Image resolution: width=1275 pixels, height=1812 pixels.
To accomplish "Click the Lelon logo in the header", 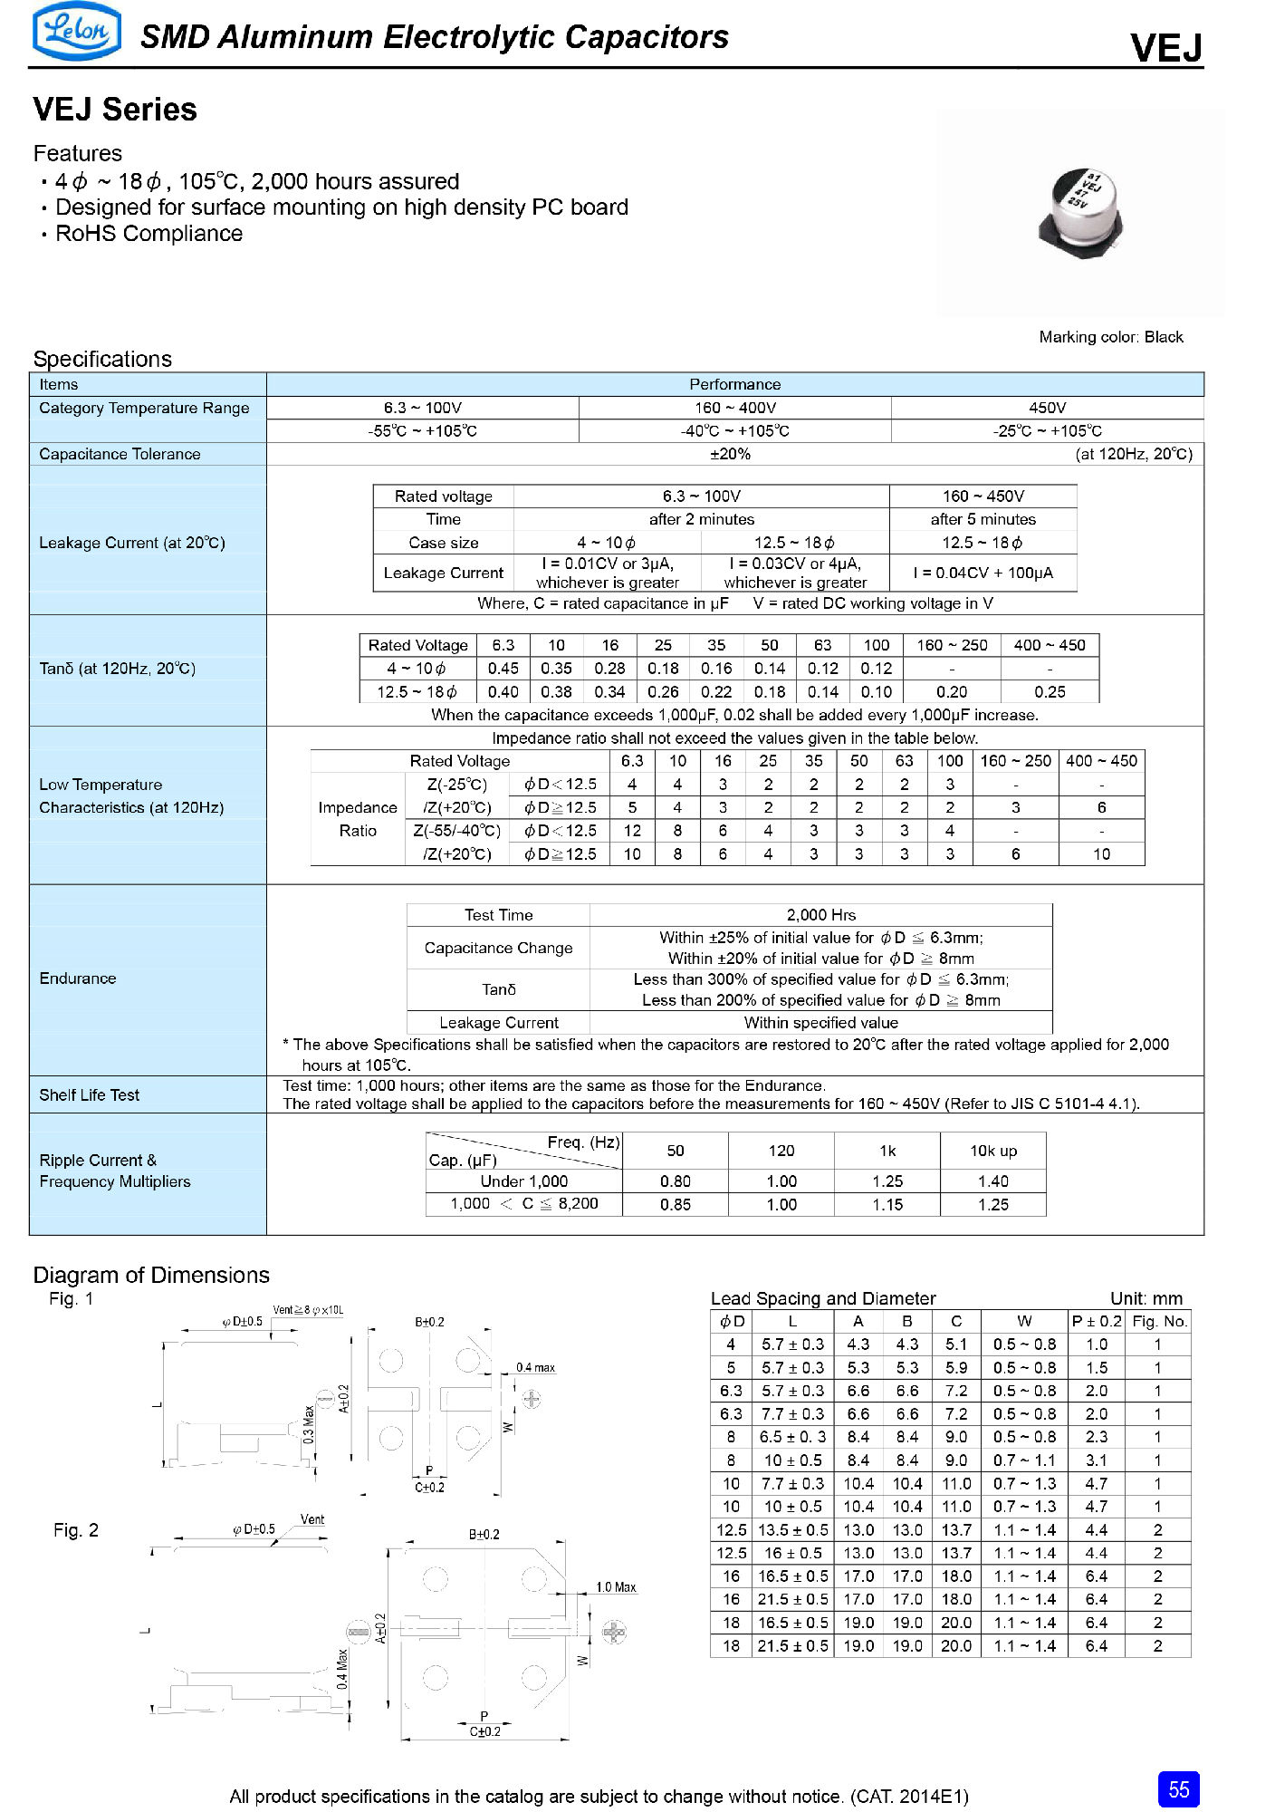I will [x=77, y=32].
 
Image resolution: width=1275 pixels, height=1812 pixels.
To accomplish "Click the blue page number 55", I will [x=1178, y=1788].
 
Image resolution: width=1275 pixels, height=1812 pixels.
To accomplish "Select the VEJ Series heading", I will [x=115, y=110].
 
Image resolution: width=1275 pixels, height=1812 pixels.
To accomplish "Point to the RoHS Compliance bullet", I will [x=149, y=234].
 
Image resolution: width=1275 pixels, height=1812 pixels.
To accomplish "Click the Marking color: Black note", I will [x=1110, y=337].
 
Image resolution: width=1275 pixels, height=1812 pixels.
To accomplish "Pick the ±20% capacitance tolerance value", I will [x=730, y=454].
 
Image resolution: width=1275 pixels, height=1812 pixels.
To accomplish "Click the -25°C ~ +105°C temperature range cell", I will [x=1047, y=431].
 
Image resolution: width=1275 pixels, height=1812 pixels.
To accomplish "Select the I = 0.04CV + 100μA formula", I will [x=983, y=573].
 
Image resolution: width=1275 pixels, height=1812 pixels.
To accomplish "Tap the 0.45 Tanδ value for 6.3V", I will [x=503, y=669].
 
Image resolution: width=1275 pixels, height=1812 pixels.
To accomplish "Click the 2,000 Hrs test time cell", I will [x=820, y=915].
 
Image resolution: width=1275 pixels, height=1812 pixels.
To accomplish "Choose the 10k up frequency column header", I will [x=993, y=1151].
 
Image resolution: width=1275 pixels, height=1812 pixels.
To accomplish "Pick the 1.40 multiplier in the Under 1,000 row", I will [x=993, y=1181].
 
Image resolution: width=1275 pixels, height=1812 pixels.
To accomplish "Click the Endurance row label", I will [x=78, y=978].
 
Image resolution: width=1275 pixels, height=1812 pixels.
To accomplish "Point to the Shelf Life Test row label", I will [x=89, y=1095].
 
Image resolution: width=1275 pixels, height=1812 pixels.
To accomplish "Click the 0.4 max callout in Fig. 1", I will [x=535, y=1367].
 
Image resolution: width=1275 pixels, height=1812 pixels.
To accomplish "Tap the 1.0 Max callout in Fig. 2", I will [x=616, y=1586].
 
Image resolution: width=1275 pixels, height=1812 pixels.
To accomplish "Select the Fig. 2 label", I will [x=76, y=1530].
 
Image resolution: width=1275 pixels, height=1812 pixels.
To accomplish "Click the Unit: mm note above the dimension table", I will [x=1146, y=1298].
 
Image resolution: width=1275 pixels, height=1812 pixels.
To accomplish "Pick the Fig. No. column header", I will [x=1158, y=1321].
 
